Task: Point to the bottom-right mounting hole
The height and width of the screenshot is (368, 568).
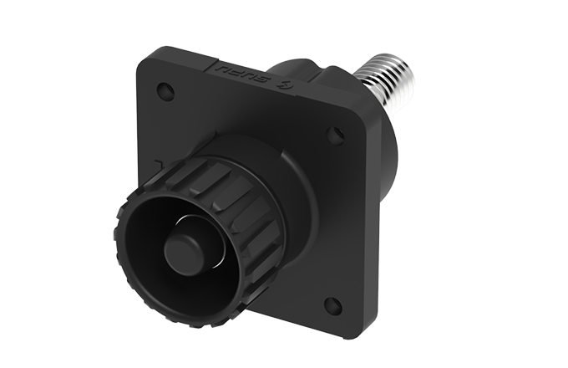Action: tap(332, 304)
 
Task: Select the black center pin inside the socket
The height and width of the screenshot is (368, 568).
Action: tap(182, 252)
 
